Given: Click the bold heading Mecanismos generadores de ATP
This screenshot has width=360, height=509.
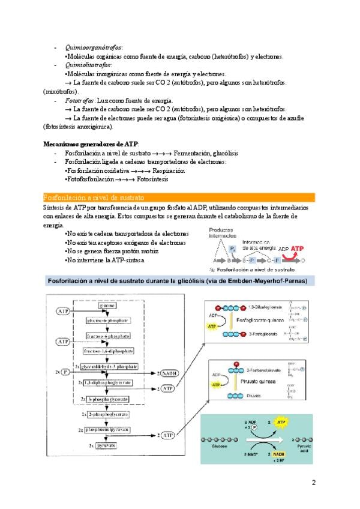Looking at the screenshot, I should pos(91,145).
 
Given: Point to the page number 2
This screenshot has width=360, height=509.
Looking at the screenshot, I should pos(313,483).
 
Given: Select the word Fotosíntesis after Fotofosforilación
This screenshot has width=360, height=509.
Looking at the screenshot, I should pos(152,179).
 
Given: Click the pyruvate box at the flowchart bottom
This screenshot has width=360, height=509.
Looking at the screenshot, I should pos(107,445).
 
